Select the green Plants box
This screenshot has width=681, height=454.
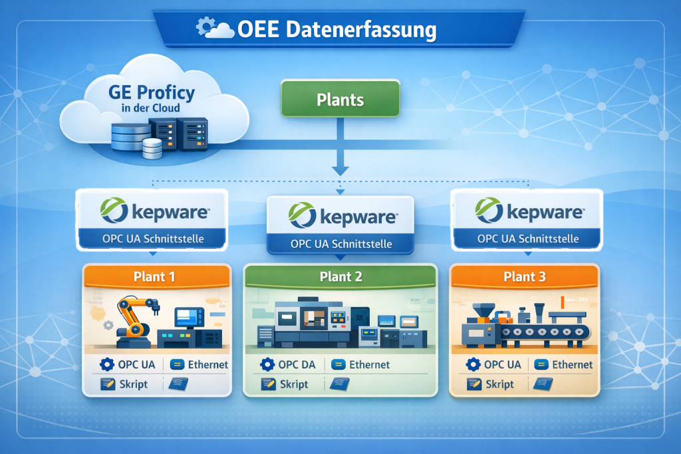(x=340, y=100)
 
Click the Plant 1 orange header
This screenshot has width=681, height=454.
(x=155, y=276)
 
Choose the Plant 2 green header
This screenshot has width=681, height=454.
(x=340, y=277)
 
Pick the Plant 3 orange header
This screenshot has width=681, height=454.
(x=524, y=276)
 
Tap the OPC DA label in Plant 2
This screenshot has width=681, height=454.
(x=297, y=364)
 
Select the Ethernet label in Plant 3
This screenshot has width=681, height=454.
(x=572, y=364)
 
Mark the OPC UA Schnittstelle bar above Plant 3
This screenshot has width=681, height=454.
(x=527, y=239)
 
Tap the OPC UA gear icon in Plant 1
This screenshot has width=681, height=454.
(x=106, y=364)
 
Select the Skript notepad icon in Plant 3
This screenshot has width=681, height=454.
(x=474, y=384)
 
